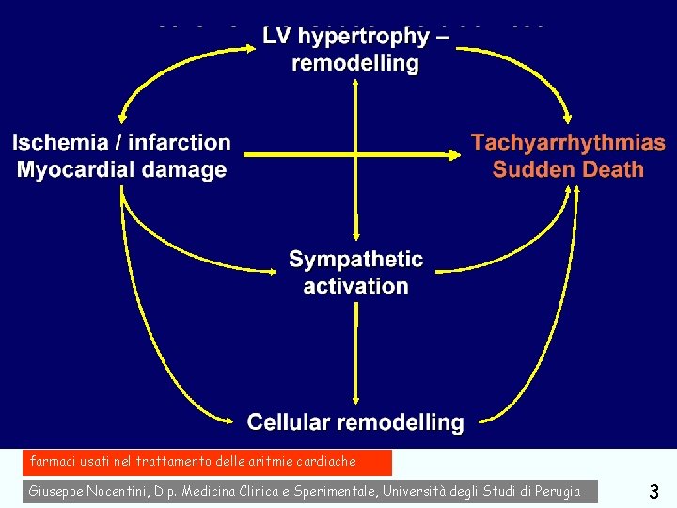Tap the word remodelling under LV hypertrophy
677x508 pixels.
(x=355, y=64)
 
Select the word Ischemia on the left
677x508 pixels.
(x=60, y=143)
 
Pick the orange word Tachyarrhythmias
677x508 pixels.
(x=568, y=144)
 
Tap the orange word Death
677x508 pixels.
(x=611, y=170)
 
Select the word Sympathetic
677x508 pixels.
(x=355, y=259)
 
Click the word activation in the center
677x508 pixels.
(x=355, y=286)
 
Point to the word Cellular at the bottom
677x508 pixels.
(x=290, y=422)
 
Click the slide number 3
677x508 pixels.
(x=653, y=491)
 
